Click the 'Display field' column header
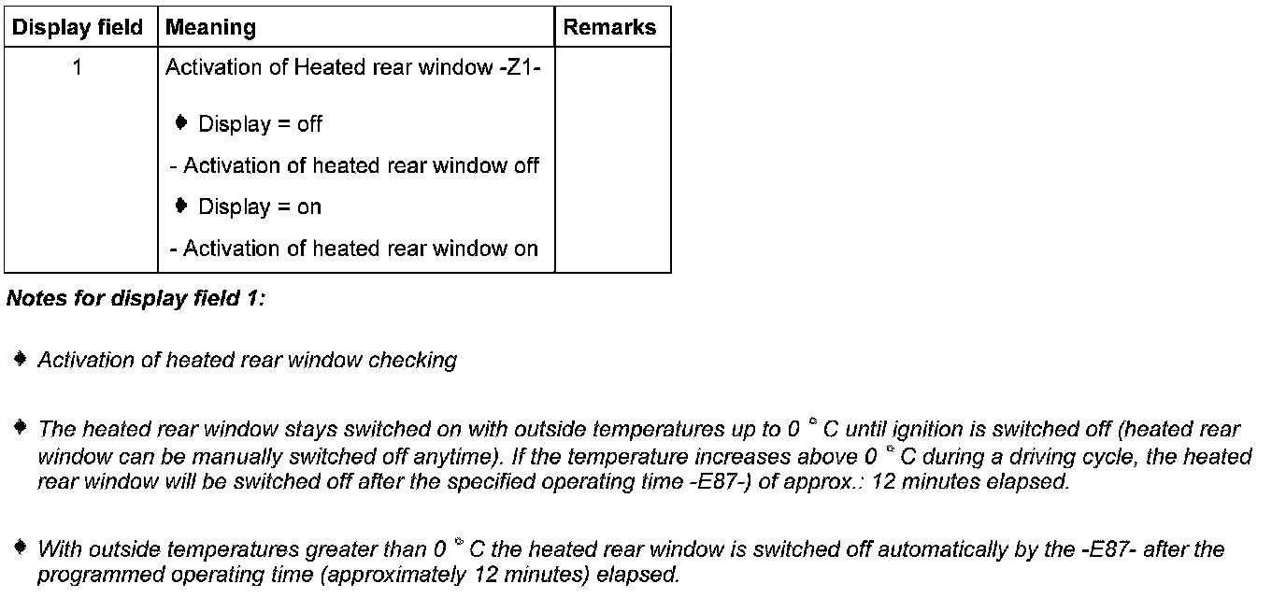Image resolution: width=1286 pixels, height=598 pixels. point(78,28)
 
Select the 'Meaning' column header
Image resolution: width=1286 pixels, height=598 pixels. point(210,28)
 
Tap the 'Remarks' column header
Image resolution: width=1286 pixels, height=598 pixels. point(609,28)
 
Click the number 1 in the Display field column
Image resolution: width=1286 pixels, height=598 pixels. point(78,68)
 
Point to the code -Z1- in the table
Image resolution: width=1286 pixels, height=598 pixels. point(521,68)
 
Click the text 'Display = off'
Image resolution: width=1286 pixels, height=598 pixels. point(260,124)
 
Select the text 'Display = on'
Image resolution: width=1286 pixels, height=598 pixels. point(260,206)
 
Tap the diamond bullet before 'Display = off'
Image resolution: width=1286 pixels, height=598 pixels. point(181,122)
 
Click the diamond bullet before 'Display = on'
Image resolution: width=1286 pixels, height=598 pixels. point(181,205)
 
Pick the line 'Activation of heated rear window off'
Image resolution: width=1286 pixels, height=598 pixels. point(355,166)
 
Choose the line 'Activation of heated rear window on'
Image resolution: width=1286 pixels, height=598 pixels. point(355,249)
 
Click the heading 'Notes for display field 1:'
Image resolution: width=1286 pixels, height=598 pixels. point(136,299)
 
